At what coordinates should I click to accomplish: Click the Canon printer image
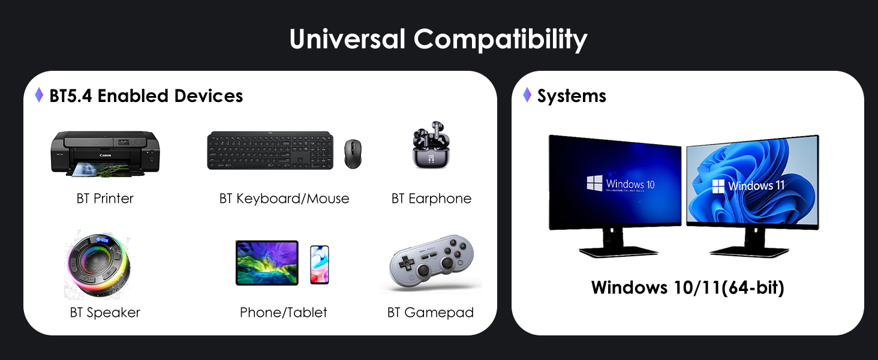[x=105, y=154]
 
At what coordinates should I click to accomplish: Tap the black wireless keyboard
[x=270, y=151]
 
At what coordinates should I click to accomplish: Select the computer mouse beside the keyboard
[x=353, y=154]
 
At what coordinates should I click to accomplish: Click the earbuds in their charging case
[x=431, y=145]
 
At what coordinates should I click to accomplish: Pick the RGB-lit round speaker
[x=98, y=265]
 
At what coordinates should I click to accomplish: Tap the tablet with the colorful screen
[x=267, y=263]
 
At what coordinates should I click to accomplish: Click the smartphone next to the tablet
[x=320, y=265]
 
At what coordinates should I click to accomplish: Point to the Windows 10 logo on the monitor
[x=594, y=183]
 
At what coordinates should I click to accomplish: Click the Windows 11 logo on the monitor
[x=718, y=186]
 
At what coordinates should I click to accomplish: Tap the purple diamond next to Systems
[x=527, y=95]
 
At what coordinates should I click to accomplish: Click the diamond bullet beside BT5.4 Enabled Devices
[x=39, y=95]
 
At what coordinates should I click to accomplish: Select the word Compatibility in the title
[x=501, y=40]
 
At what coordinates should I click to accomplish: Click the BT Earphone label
[x=431, y=199]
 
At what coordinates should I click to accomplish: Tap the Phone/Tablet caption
[x=284, y=313]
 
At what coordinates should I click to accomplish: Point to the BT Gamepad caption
[x=431, y=313]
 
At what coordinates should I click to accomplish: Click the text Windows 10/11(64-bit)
[x=687, y=287]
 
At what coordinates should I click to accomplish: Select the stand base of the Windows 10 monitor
[x=618, y=251]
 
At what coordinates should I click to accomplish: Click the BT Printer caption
[x=105, y=199]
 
